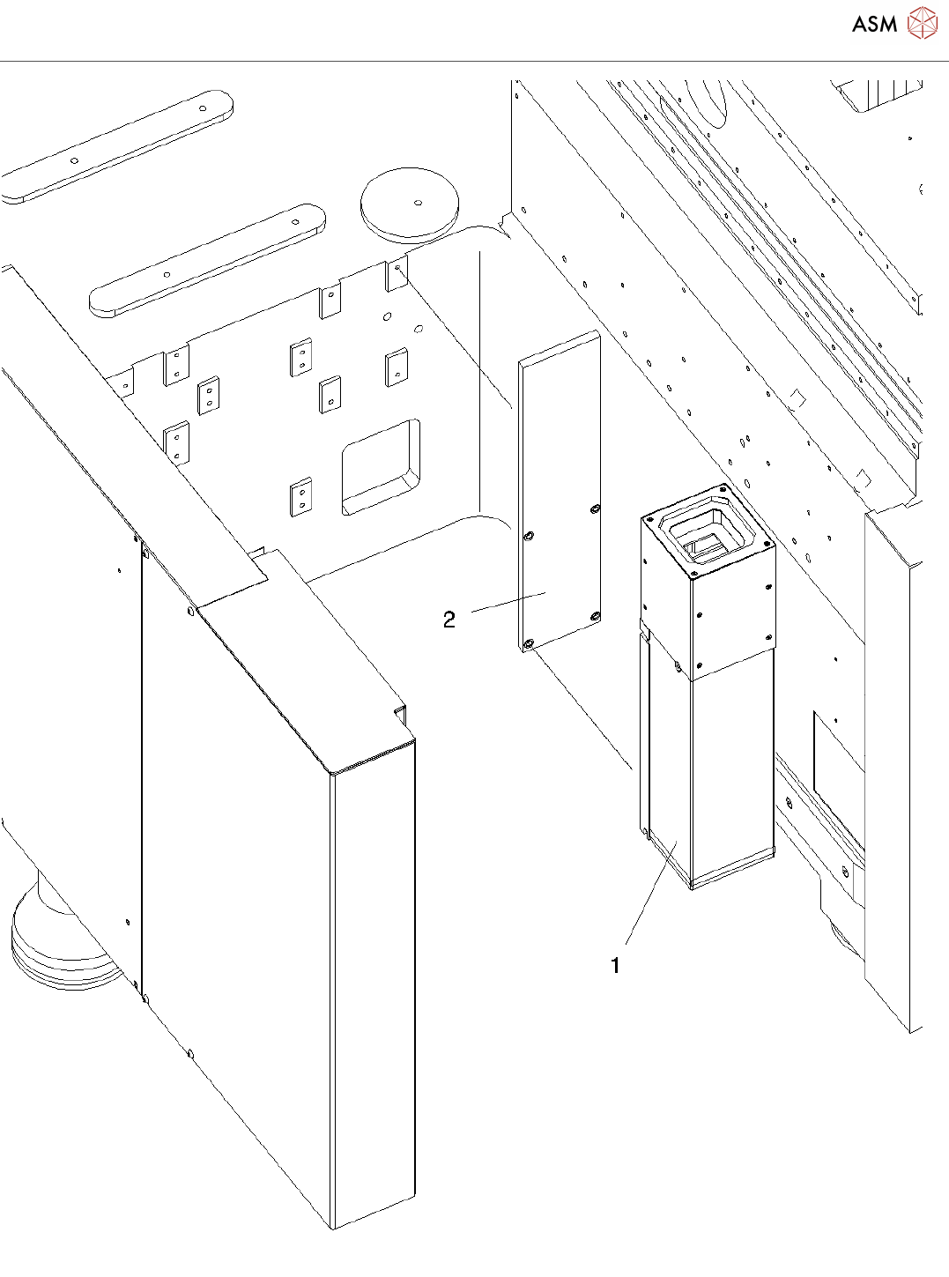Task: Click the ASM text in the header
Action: coord(874,25)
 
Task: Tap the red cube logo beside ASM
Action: coord(923,23)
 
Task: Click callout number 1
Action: coord(615,966)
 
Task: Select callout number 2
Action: coord(449,620)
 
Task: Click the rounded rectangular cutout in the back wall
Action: coord(381,466)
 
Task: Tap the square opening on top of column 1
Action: coord(708,538)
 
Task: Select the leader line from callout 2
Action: coord(509,602)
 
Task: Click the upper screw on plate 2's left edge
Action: coord(529,536)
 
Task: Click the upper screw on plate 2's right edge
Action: coord(596,509)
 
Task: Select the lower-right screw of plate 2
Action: coord(596,616)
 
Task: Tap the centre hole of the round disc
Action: coord(418,200)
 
